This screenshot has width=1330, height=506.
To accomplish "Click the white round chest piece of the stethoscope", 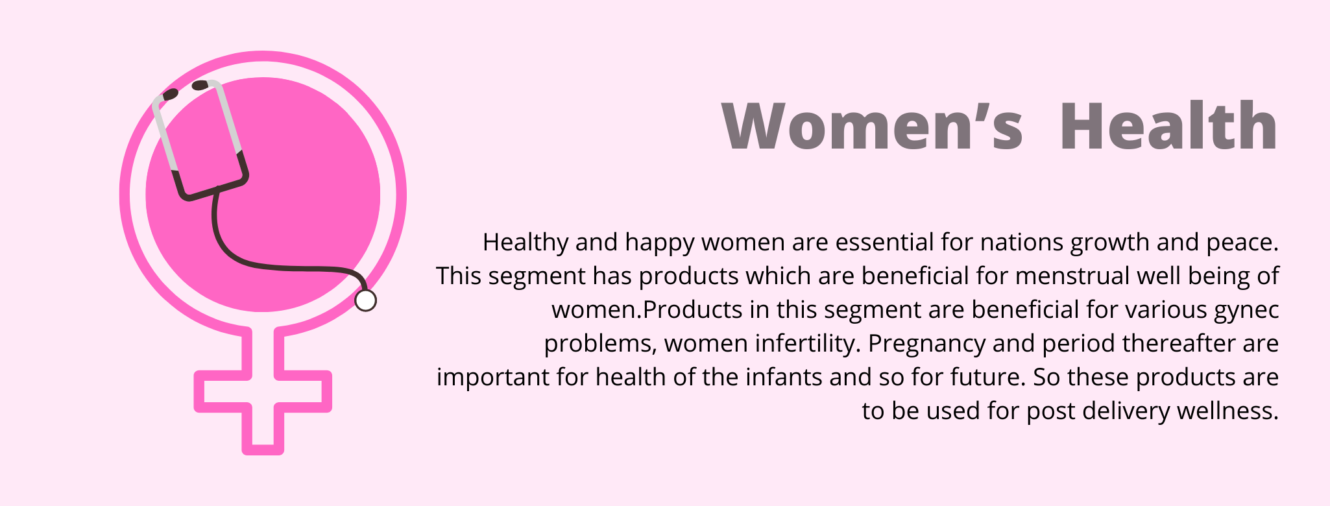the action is click(365, 300).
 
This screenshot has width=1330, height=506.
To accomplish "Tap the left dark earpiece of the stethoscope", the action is click(170, 95).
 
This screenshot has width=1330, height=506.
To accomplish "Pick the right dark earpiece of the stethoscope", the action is click(200, 85).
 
